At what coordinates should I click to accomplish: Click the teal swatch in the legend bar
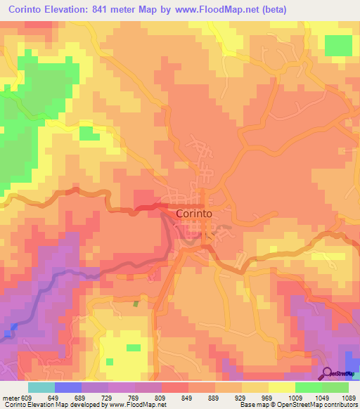tap(41, 387)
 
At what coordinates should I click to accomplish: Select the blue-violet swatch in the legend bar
tap(68, 387)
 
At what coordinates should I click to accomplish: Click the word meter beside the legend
tap(10, 396)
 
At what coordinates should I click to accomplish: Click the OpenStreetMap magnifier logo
tap(327, 373)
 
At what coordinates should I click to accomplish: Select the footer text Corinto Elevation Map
tap(35, 405)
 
